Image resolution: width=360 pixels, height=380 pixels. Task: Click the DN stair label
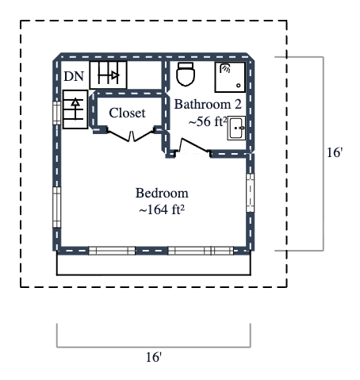point(74,76)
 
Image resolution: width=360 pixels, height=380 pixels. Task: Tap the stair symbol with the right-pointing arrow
point(105,76)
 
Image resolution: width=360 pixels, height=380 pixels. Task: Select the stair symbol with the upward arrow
point(75,109)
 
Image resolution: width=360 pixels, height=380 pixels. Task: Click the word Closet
point(127,113)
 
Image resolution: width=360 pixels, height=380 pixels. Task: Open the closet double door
point(131,136)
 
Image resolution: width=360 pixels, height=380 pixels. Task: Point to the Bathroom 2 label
point(207,104)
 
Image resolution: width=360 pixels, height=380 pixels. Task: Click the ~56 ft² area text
point(208,122)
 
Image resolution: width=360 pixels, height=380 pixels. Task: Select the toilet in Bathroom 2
point(186,75)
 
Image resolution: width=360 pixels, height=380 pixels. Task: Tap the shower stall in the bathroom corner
point(231,77)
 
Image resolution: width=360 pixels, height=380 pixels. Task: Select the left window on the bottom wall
point(111,251)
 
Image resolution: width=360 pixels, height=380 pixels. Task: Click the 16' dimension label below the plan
point(154,359)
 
